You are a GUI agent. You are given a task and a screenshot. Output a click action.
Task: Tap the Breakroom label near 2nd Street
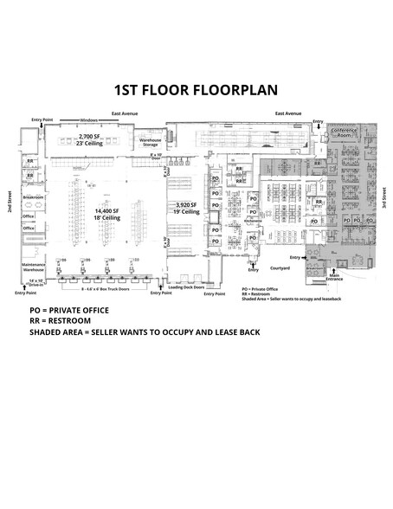point(34,197)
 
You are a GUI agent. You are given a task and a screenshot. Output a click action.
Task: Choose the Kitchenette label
point(252,221)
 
